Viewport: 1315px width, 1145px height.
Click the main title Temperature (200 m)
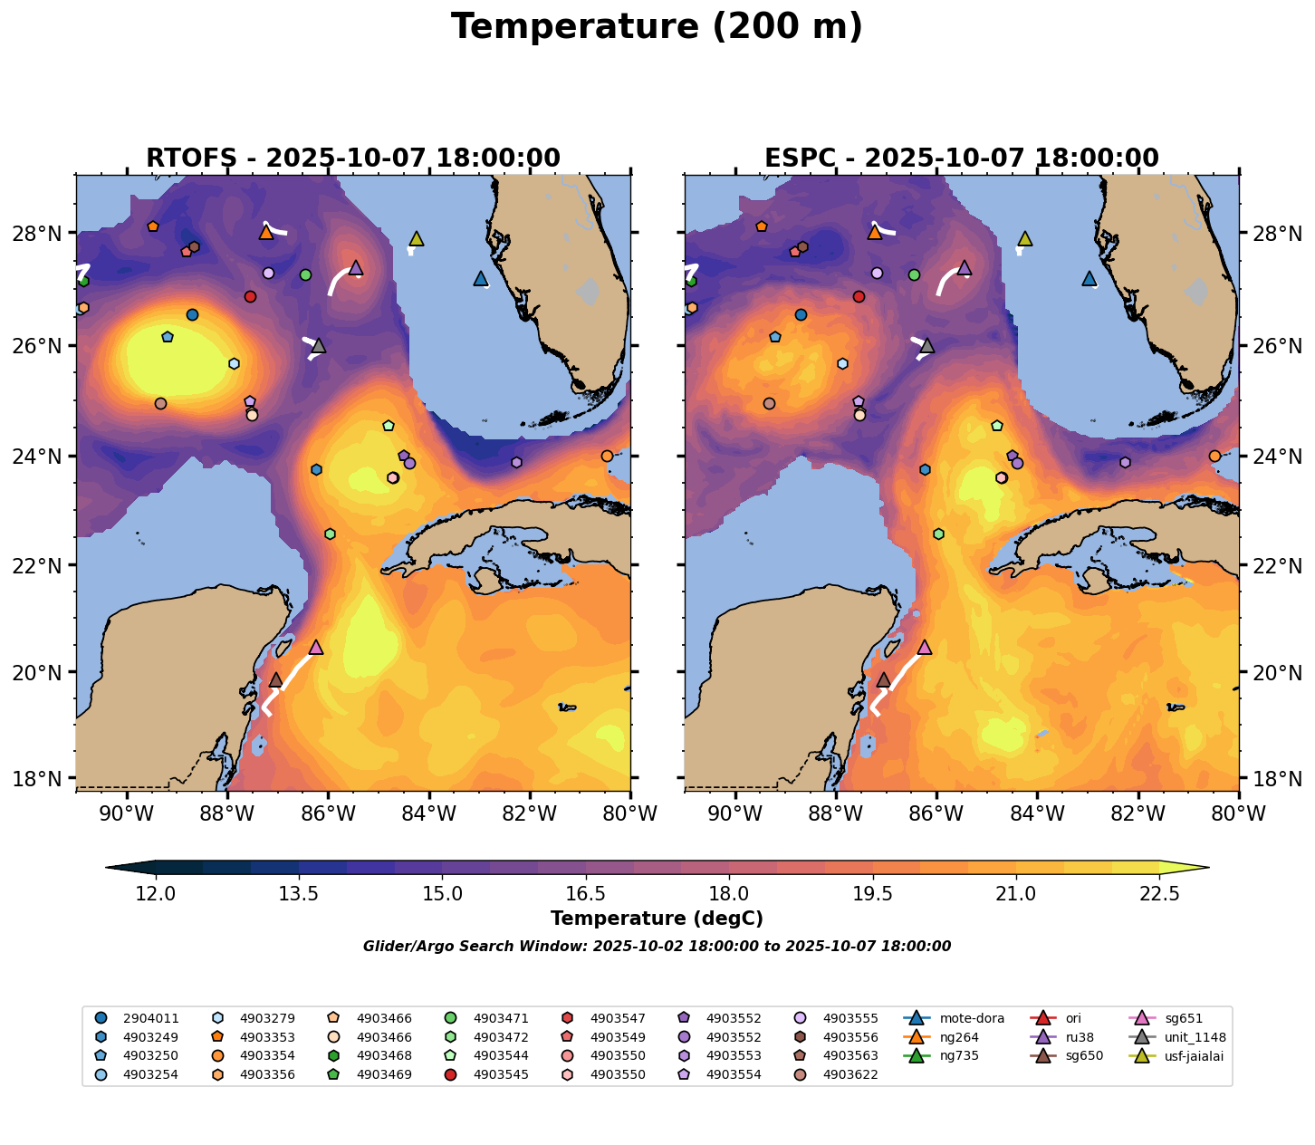(x=657, y=27)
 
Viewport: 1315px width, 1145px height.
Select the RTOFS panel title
(x=353, y=159)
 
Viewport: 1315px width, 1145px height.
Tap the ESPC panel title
(x=961, y=159)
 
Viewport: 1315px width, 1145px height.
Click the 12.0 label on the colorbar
(x=156, y=894)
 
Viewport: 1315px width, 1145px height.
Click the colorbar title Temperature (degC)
(x=657, y=919)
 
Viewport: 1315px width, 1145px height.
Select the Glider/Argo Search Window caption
(x=657, y=947)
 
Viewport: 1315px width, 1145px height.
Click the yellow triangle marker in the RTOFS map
(x=417, y=238)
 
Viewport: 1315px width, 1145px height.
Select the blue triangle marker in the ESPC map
(x=1089, y=278)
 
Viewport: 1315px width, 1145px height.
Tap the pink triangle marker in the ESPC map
(x=924, y=647)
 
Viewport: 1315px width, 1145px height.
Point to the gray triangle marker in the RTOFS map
(x=318, y=345)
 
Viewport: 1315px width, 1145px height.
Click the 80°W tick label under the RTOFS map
(x=630, y=814)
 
